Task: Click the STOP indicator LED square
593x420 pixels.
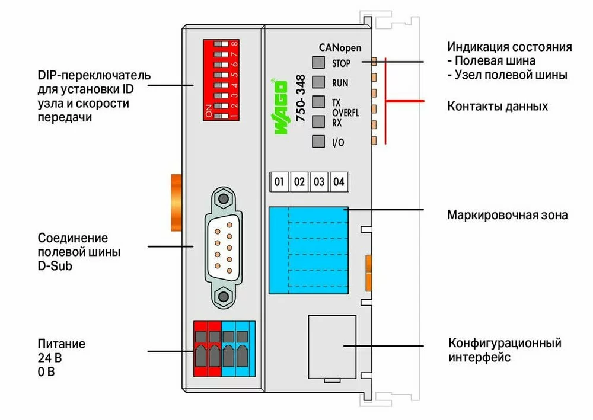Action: (319, 62)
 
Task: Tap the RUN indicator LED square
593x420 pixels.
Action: (319, 82)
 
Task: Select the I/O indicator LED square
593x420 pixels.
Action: (319, 142)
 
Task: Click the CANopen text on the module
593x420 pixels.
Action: (340, 47)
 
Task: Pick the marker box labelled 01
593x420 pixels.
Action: (279, 181)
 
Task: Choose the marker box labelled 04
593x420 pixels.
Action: (339, 181)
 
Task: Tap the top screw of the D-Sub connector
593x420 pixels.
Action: (223, 199)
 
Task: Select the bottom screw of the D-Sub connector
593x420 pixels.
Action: (223, 297)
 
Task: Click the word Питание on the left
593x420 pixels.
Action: (62, 344)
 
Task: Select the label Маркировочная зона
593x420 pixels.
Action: (507, 214)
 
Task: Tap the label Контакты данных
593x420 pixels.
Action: (497, 107)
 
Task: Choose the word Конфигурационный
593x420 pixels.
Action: (505, 344)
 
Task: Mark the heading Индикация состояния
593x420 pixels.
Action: (509, 47)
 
